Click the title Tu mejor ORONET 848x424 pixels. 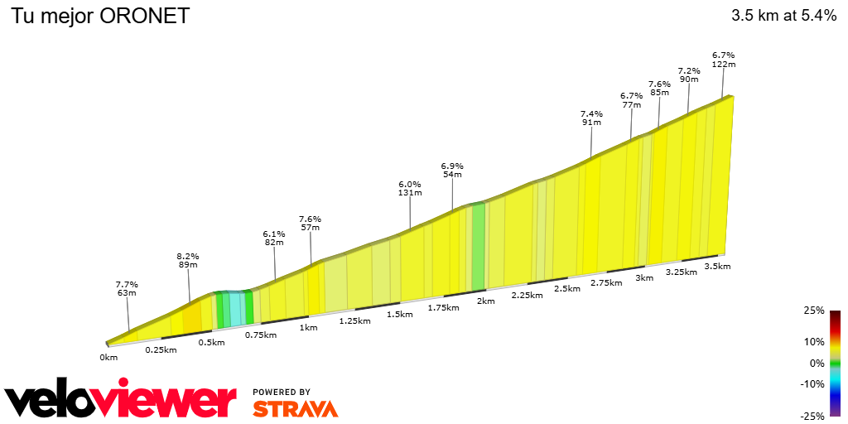pyautogui.click(x=99, y=16)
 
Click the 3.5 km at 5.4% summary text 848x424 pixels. pyautogui.click(x=784, y=16)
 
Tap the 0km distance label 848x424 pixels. pyautogui.click(x=108, y=357)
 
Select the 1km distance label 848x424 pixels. pyautogui.click(x=308, y=327)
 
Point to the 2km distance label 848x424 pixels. pyautogui.click(x=485, y=301)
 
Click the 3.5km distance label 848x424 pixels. pyautogui.click(x=717, y=266)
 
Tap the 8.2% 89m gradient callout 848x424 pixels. pyautogui.click(x=188, y=261)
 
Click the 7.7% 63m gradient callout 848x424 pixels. pyautogui.click(x=127, y=289)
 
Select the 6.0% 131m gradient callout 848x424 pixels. pyautogui.click(x=410, y=188)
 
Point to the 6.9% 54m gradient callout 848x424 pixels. pyautogui.click(x=452, y=171)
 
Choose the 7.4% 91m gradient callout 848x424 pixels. pyautogui.click(x=591, y=118)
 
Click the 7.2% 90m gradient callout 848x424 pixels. pyautogui.click(x=689, y=75)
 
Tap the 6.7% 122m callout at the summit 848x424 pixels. pyautogui.click(x=724, y=60)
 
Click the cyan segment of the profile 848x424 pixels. pyautogui.click(x=236, y=308)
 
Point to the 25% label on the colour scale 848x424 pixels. pyautogui.click(x=814, y=311)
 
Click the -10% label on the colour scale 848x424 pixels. pyautogui.click(x=812, y=383)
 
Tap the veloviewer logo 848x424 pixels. pyautogui.click(x=121, y=401)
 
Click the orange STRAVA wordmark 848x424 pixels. pyautogui.click(x=296, y=408)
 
